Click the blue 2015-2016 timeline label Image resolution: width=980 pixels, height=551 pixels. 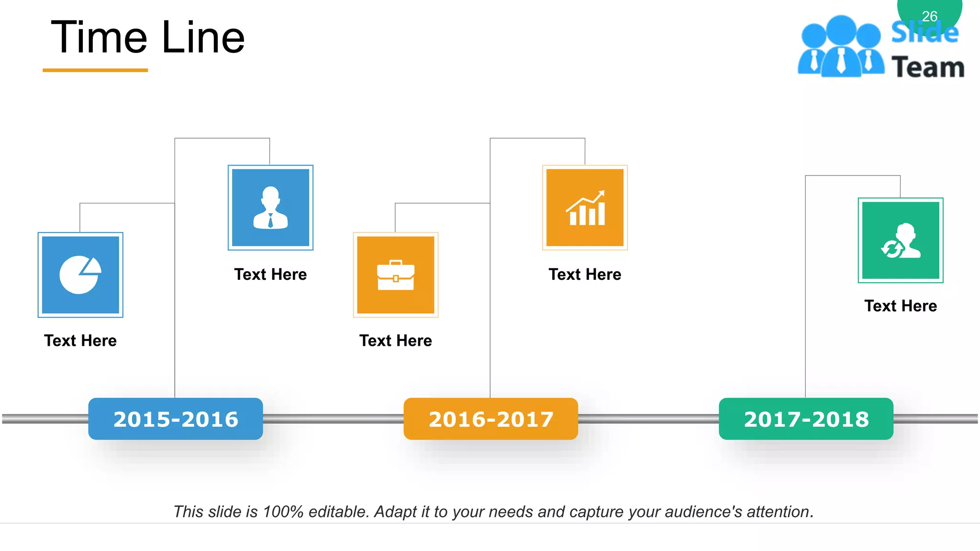176,419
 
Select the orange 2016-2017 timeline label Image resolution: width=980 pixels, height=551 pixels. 490,419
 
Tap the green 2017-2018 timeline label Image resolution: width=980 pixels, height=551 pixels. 806,419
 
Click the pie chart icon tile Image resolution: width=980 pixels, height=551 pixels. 80,275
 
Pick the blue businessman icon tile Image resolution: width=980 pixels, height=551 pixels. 270,208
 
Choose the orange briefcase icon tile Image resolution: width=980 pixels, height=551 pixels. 396,275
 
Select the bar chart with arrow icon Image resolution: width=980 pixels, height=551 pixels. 585,208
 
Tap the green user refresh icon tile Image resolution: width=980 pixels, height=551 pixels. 901,240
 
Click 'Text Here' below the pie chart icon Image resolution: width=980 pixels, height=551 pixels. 80,341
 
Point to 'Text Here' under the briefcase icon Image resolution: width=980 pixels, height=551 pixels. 396,341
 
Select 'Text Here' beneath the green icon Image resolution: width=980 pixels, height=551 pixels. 901,306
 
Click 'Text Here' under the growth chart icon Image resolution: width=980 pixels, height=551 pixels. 585,275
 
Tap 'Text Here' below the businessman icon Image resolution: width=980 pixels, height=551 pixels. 270,275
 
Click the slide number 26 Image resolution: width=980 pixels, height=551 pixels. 929,16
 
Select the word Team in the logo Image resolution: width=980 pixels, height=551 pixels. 928,67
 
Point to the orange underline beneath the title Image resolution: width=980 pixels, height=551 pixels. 95,70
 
